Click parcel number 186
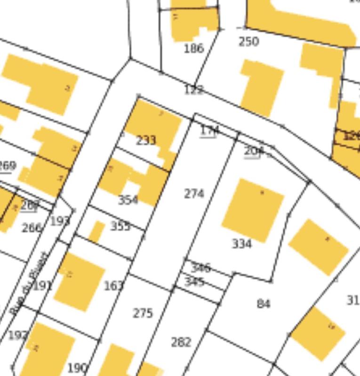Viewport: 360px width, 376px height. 193,48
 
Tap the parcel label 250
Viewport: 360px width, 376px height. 248,42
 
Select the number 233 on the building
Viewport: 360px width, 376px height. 146,141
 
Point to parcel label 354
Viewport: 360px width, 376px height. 128,200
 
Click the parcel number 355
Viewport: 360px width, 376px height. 120,226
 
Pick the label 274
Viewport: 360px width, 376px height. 194,194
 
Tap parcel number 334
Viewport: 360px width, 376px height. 242,243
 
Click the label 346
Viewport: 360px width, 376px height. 200,268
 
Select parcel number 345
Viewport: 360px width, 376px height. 194,282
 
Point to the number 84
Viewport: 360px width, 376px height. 264,304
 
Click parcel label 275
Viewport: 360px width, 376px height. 143,313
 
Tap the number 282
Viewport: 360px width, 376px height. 181,342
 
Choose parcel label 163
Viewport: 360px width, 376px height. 113,285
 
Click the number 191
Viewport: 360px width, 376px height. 42,285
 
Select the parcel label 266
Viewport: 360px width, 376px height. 32,228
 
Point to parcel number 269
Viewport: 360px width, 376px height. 7,165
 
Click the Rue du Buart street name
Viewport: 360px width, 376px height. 29,283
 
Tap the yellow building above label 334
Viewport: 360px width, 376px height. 253,210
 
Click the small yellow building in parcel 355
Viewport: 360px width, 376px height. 96,232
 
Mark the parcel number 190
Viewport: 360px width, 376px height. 77,368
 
